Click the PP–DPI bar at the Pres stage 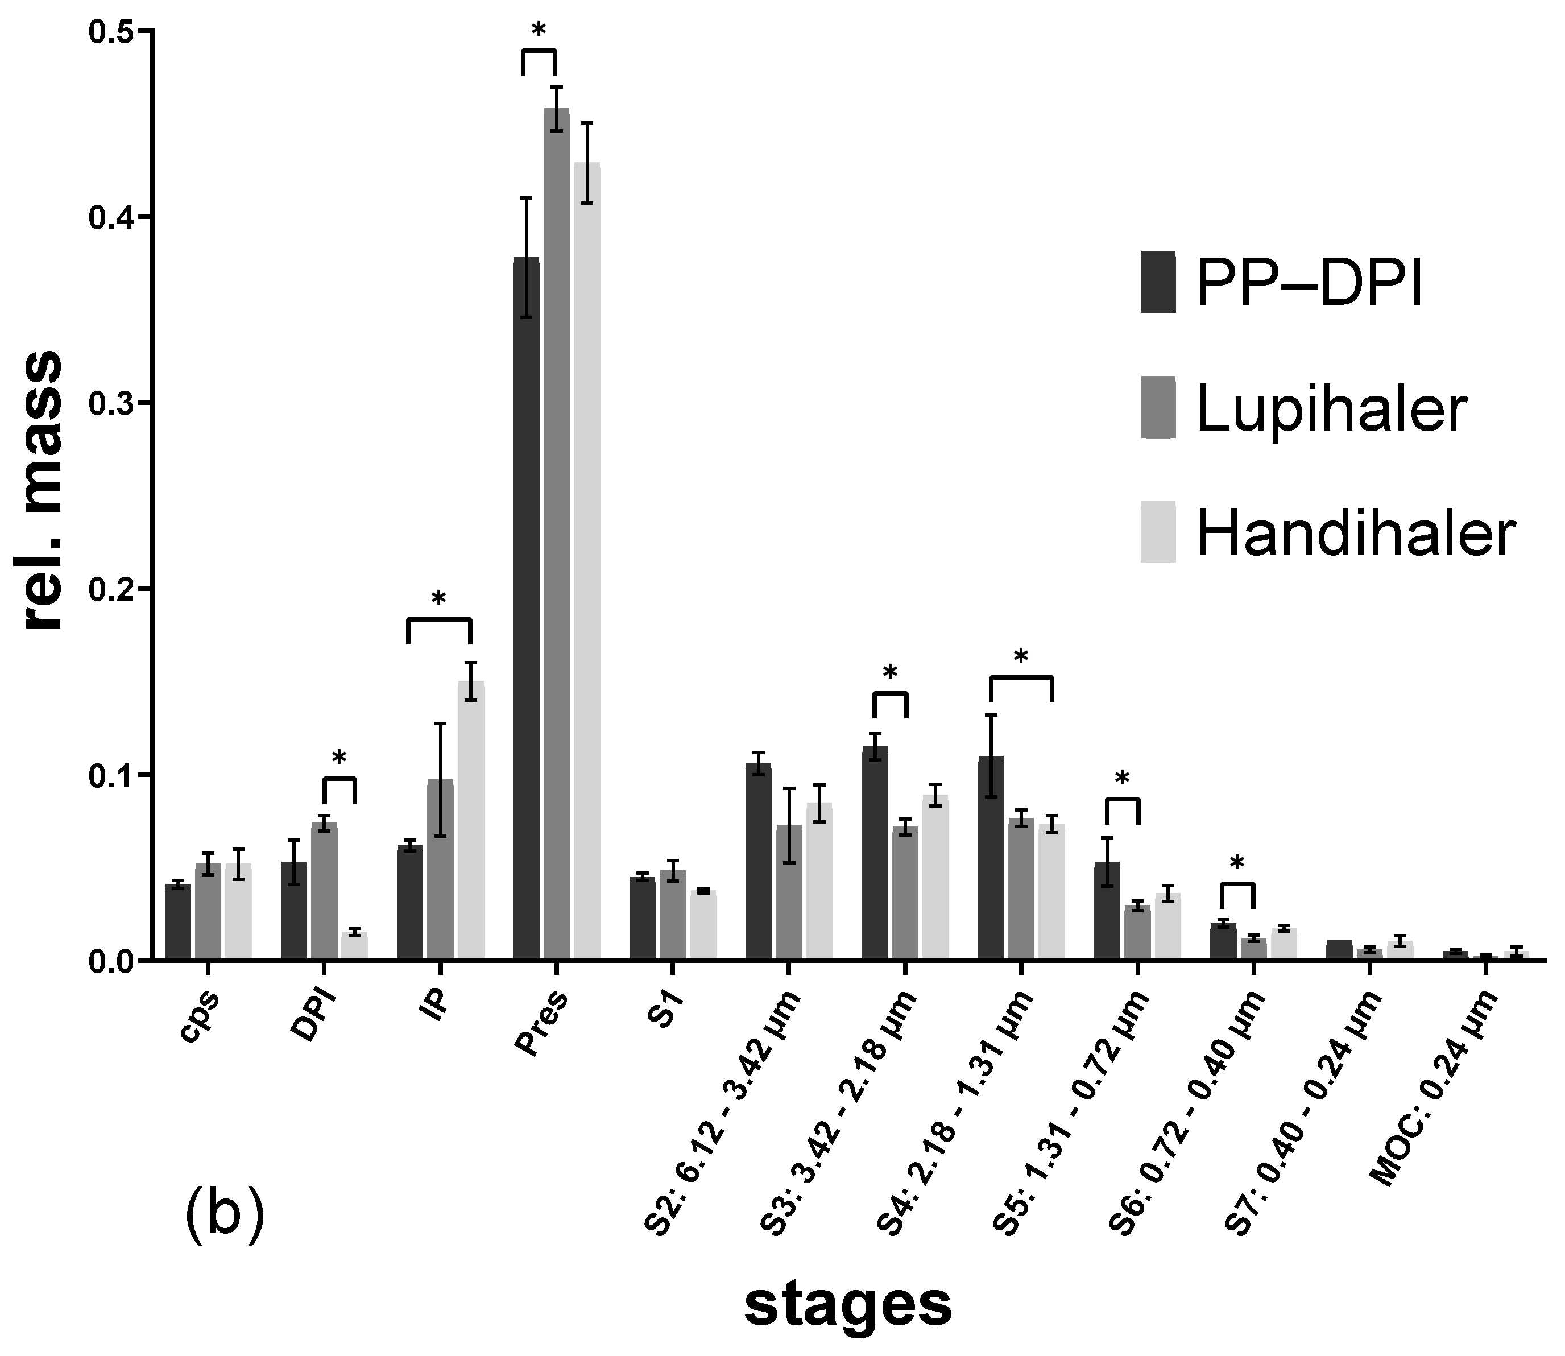point(527,605)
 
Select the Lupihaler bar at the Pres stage point(557,530)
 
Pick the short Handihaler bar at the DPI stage point(354,946)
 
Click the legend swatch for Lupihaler point(1158,407)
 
